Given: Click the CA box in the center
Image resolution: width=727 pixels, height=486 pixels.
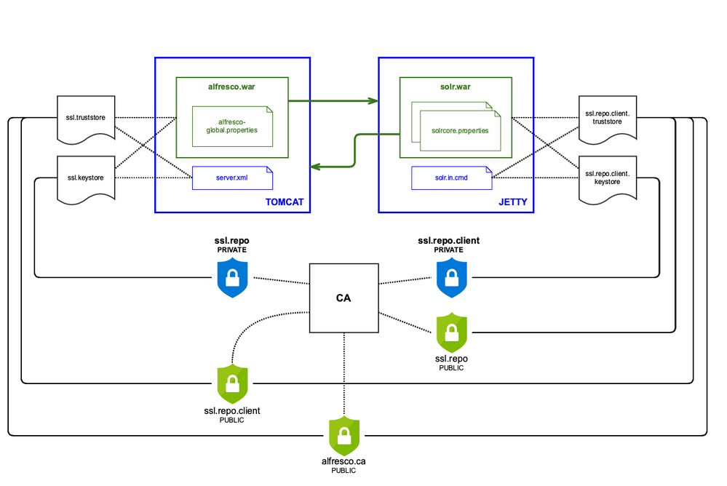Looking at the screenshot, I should coord(344,298).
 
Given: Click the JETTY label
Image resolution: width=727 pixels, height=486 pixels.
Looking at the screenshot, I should coord(513,202).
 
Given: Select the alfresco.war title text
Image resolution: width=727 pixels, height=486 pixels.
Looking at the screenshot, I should coord(232,87).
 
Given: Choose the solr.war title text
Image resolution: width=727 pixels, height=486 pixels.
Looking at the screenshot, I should coord(456,87).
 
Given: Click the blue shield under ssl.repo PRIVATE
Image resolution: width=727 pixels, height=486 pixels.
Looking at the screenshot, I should coord(233,279).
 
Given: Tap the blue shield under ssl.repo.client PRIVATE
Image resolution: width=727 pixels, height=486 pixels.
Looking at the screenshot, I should coord(451,279).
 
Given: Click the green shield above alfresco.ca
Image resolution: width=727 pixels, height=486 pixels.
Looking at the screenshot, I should coord(344,435).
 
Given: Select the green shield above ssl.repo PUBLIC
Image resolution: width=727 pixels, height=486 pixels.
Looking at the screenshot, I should coord(451,333).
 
